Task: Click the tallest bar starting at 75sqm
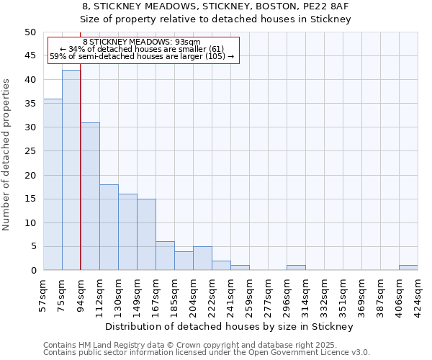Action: click(x=71, y=170)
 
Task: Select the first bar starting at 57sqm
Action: click(x=53, y=184)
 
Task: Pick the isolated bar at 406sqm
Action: click(x=408, y=268)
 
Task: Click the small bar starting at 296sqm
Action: click(x=296, y=268)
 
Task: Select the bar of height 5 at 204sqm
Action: click(x=202, y=258)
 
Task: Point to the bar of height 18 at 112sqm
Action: click(x=109, y=228)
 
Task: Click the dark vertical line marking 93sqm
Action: click(x=80, y=144)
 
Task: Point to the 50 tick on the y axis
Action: click(x=30, y=32)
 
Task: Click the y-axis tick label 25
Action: click(x=30, y=151)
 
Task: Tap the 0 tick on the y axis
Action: click(x=33, y=270)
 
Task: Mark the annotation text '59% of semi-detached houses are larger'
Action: click(x=141, y=56)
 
